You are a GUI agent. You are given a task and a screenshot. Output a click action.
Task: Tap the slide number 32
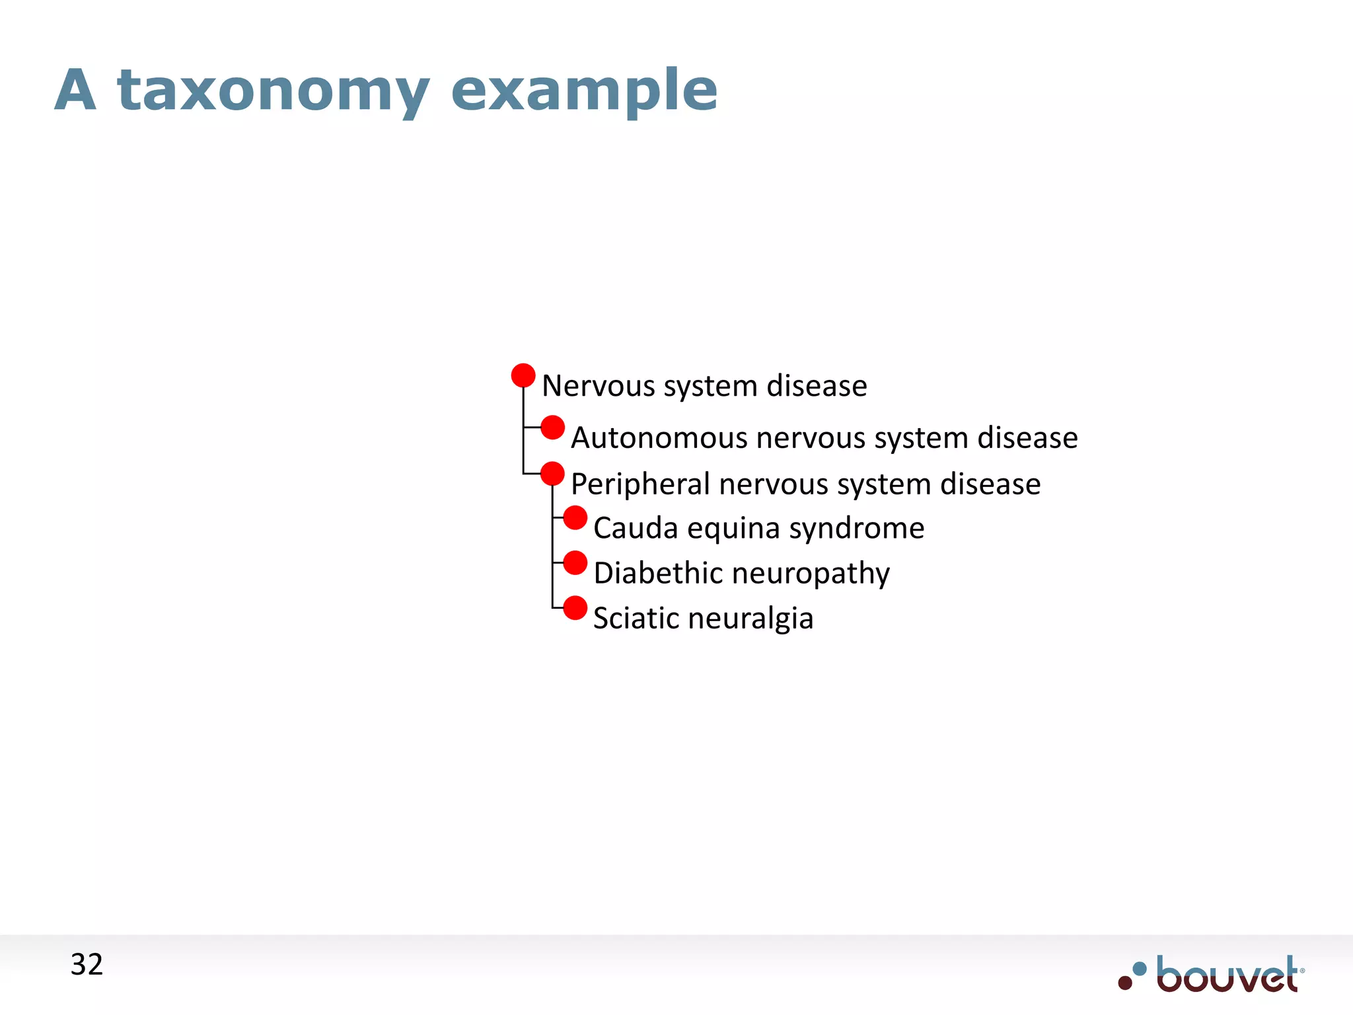coord(87,965)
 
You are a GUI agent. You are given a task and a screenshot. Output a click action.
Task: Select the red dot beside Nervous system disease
coord(523,375)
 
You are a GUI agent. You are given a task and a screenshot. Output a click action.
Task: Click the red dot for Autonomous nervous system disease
coord(552,428)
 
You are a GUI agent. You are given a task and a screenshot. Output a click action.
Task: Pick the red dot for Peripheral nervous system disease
coord(552,474)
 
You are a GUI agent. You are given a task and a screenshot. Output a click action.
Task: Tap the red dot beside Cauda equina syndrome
coord(575,517)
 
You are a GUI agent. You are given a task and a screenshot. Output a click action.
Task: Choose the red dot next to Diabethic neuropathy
coord(575,563)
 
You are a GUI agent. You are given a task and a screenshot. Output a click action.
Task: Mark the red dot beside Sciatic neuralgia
coord(575,608)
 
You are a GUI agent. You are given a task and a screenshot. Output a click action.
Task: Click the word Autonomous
coord(658,438)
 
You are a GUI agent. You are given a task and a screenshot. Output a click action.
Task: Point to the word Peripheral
coord(640,484)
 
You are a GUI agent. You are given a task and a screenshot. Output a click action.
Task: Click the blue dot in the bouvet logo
coord(1140,969)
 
